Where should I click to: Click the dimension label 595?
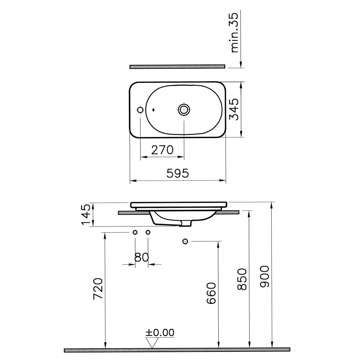click(178, 173)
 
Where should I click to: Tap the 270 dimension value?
click(162, 150)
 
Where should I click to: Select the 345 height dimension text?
click(234, 109)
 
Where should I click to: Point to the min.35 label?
click(235, 33)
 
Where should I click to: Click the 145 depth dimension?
click(86, 215)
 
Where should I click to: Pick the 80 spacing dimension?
click(141, 257)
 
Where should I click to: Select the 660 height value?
click(211, 293)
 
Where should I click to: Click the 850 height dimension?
click(242, 279)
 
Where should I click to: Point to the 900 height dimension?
click(264, 276)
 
